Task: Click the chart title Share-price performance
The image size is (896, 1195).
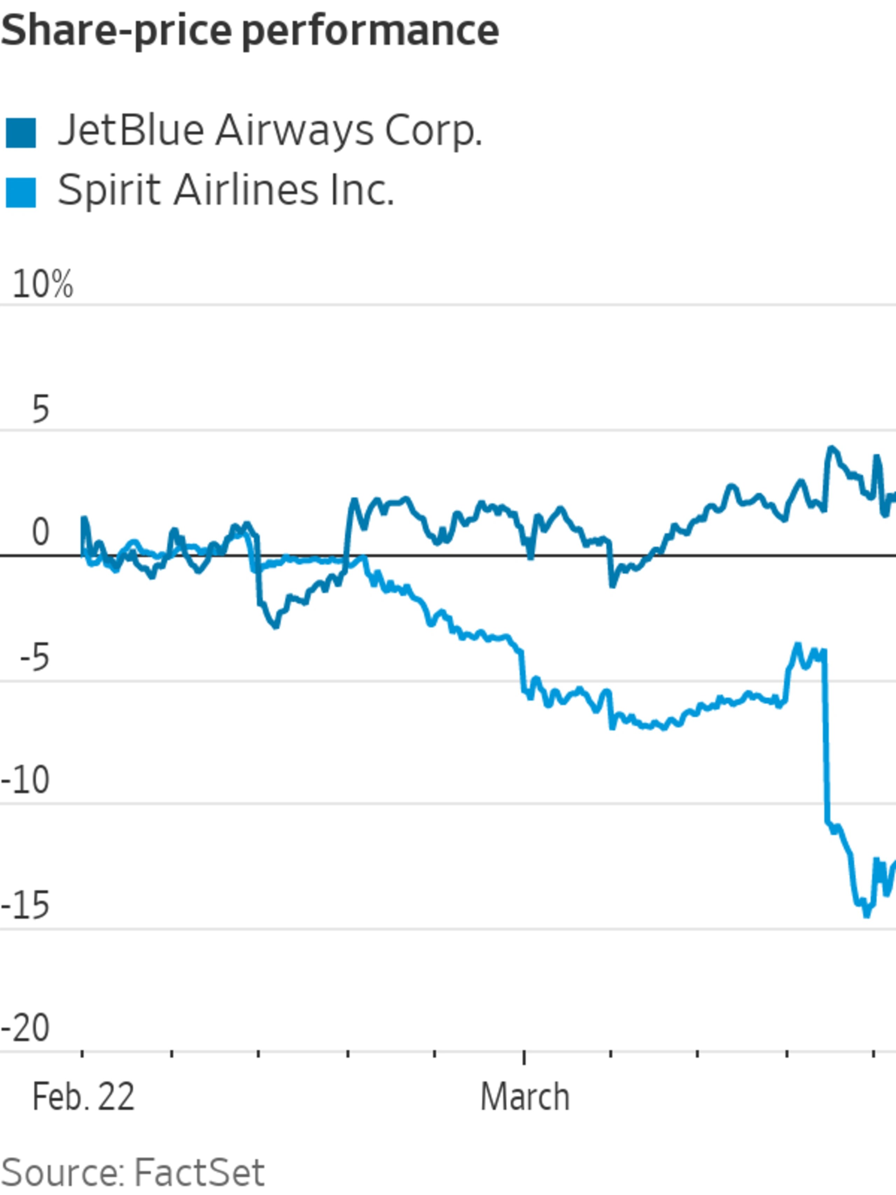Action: click(250, 31)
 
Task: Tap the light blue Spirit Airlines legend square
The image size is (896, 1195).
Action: click(21, 192)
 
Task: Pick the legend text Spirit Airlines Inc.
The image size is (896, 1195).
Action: click(226, 191)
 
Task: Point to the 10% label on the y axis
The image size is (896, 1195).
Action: click(42, 285)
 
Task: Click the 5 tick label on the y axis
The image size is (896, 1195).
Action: click(41, 410)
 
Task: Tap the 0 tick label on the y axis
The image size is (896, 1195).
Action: click(41, 533)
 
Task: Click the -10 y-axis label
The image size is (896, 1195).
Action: click(26, 781)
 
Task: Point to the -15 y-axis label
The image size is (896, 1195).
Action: click(26, 906)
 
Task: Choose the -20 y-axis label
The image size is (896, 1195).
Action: click(26, 1029)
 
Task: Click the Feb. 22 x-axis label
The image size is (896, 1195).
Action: click(83, 1098)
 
